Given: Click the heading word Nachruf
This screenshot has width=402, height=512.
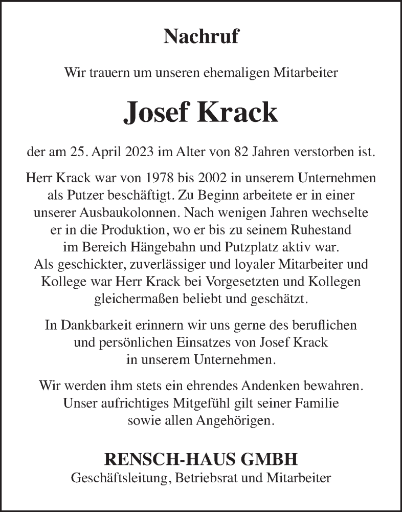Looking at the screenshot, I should pyautogui.click(x=201, y=37).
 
